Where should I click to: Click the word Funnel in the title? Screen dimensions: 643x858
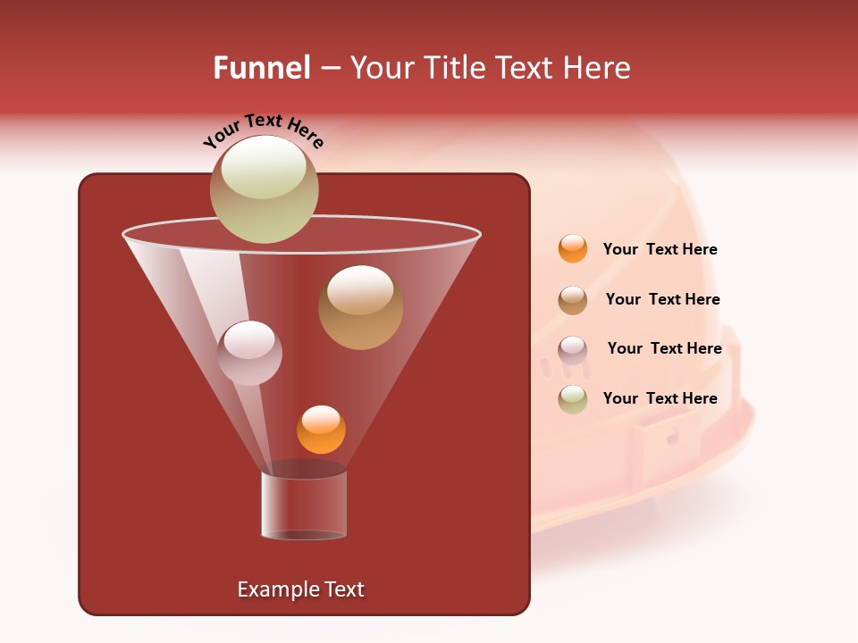261,68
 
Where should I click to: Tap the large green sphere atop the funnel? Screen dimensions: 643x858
264,189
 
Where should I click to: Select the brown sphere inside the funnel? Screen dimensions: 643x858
360,308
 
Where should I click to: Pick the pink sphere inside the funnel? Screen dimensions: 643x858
249,354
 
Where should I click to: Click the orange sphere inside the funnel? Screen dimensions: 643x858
321,430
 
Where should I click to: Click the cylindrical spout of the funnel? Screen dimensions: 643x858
304,505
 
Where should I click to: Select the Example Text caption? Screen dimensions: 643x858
300,589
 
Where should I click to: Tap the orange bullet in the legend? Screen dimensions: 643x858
573,249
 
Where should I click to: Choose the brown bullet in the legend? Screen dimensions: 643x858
573,300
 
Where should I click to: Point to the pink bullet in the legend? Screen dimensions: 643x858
573,350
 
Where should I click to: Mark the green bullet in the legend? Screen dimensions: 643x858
573,399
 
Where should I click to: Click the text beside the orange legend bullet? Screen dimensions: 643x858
660,249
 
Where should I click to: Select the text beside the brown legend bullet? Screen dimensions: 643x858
662,299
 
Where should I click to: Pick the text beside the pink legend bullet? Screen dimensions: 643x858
664,348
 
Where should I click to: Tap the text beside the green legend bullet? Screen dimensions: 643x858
660,398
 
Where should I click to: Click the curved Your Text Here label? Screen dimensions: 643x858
264,130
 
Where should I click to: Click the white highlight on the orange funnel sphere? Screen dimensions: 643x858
321,418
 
